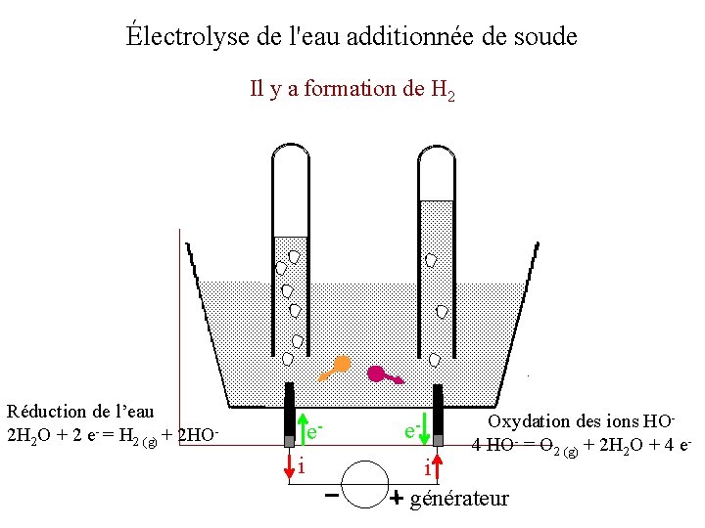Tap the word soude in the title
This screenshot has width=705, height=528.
(x=543, y=37)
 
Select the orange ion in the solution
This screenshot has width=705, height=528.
(x=336, y=367)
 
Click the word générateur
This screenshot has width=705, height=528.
(x=459, y=499)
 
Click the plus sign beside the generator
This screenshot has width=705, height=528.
(x=397, y=499)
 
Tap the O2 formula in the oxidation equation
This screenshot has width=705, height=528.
(x=540, y=446)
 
